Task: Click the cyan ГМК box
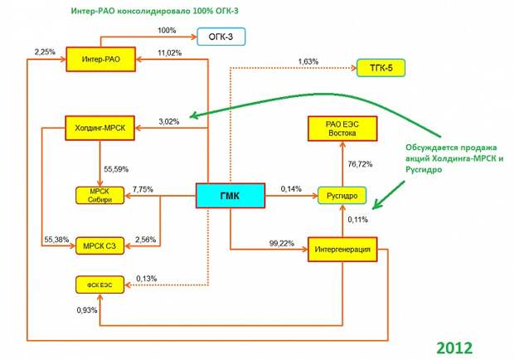click(x=230, y=196)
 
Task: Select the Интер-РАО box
click(x=100, y=60)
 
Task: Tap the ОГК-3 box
click(x=221, y=36)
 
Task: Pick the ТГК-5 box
click(x=381, y=68)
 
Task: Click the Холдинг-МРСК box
click(x=100, y=128)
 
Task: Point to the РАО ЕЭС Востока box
click(x=342, y=129)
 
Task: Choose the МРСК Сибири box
click(x=100, y=196)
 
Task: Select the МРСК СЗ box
click(x=100, y=246)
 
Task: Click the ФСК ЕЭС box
click(x=100, y=285)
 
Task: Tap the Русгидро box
click(x=342, y=196)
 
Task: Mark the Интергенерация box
click(x=342, y=250)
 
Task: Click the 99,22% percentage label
click(x=282, y=244)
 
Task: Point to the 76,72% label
click(x=360, y=164)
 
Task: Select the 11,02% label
click(x=169, y=53)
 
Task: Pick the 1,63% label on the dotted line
click(x=308, y=61)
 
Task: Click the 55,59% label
click(x=116, y=169)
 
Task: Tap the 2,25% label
click(x=45, y=51)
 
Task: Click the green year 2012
click(x=454, y=348)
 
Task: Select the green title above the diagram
click(x=155, y=11)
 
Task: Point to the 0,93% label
click(x=87, y=310)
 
